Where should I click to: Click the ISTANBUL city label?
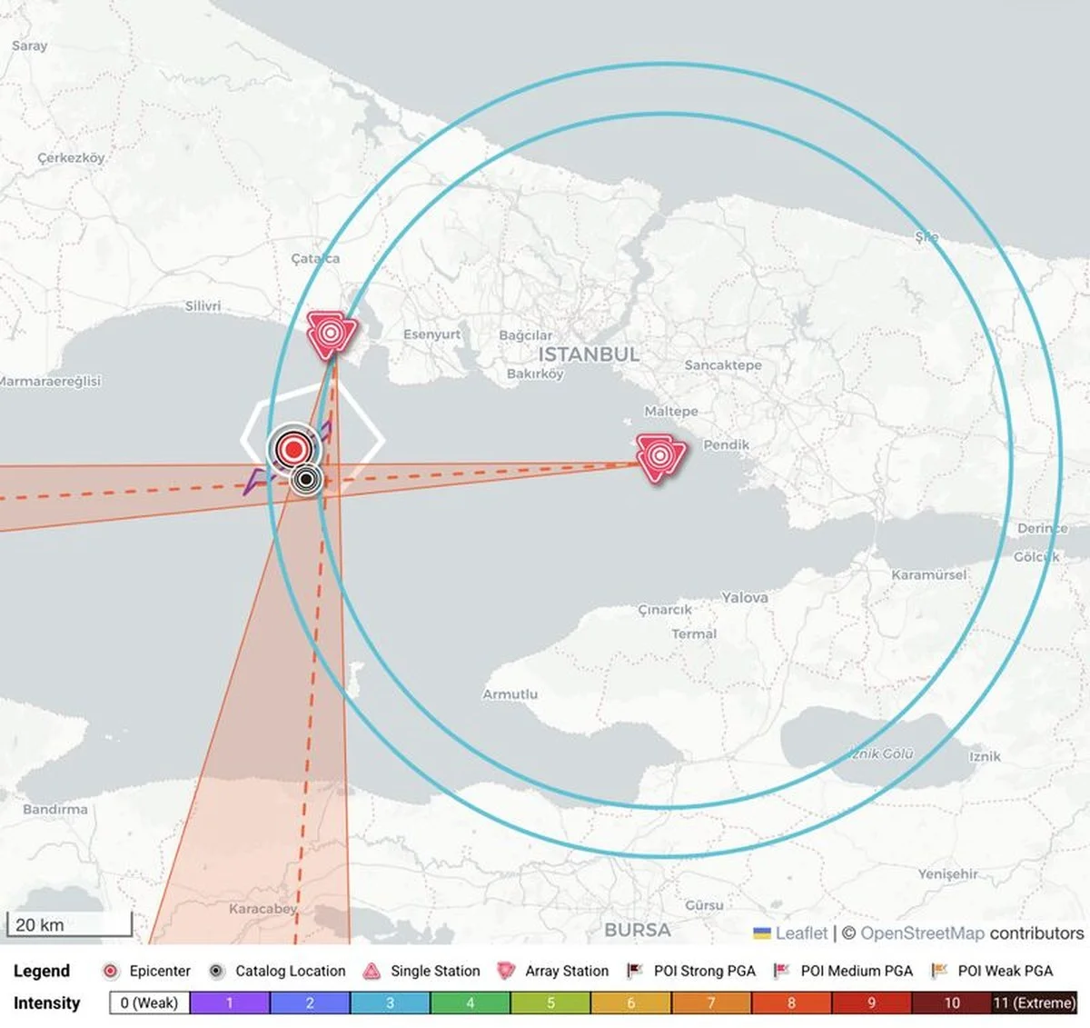click(x=589, y=354)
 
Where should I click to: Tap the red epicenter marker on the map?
click(x=292, y=448)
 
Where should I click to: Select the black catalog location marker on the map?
click(x=307, y=478)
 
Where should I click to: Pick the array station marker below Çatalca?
click(x=330, y=334)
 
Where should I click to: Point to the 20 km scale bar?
click(x=69, y=925)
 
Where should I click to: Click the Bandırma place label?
click(x=55, y=809)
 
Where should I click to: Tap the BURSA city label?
click(x=637, y=930)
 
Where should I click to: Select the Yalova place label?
click(x=745, y=597)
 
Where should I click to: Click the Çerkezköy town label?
click(x=71, y=157)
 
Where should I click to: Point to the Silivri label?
click(x=203, y=305)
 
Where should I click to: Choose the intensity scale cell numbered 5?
click(x=550, y=1003)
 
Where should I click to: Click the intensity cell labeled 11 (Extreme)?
click(x=1034, y=1003)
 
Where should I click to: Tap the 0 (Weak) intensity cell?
click(x=149, y=1003)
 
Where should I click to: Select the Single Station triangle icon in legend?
click(x=372, y=971)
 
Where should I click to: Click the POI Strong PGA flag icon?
click(x=635, y=971)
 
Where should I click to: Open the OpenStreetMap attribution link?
click(x=922, y=933)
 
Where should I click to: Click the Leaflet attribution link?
click(x=801, y=933)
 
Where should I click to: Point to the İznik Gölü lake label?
click(x=881, y=754)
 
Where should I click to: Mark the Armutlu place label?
click(x=510, y=694)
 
